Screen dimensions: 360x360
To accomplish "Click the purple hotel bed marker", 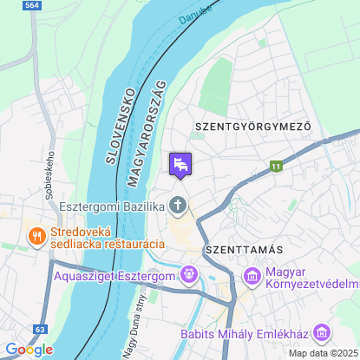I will [180, 164].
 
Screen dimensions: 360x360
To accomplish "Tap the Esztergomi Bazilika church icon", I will [179, 206].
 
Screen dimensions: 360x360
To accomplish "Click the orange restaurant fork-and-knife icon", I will [36, 235].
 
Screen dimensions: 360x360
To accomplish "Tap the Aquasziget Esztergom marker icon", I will [188, 277].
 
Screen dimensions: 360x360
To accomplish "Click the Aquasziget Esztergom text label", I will [114, 277].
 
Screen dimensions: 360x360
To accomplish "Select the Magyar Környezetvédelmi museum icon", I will [252, 277].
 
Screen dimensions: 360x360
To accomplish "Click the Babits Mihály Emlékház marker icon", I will [322, 332].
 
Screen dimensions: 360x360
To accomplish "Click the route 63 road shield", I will [41, 330].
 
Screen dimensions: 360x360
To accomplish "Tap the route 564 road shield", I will [33, 5].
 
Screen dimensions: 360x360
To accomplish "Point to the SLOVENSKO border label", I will [118, 126].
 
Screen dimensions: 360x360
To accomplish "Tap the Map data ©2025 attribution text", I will [323, 353].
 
